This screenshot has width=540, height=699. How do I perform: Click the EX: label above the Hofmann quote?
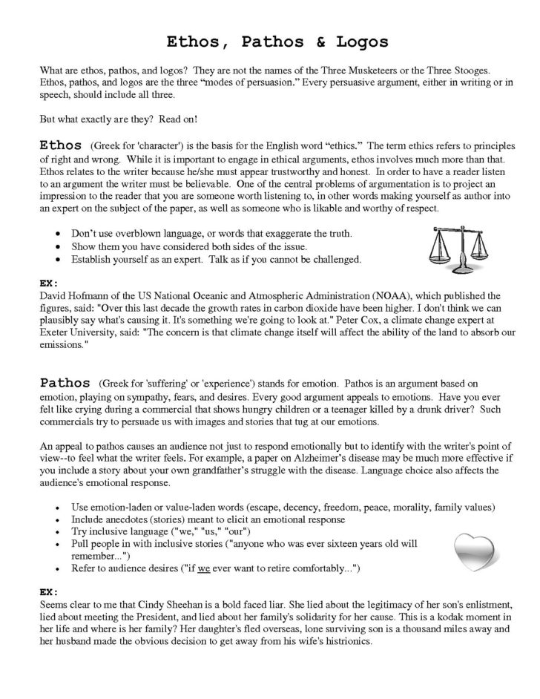click(x=48, y=283)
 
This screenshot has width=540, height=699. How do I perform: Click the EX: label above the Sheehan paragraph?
click(x=48, y=593)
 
